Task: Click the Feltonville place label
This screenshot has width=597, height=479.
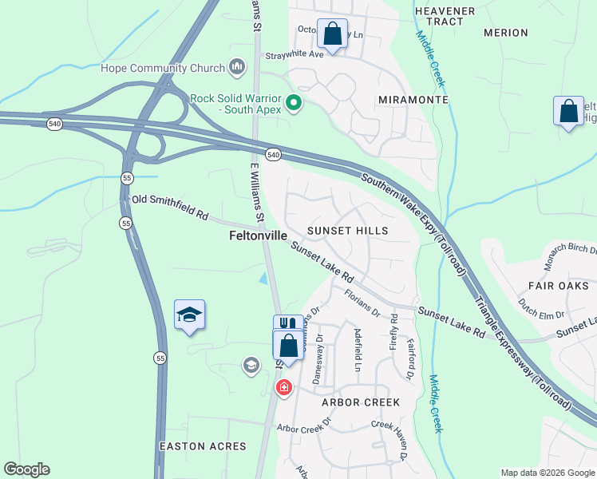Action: click(258, 236)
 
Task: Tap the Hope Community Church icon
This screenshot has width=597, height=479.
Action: click(236, 67)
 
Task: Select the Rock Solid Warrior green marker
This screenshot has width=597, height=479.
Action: click(294, 103)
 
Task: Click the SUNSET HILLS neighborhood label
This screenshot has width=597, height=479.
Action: click(347, 231)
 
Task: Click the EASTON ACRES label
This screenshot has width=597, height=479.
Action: click(203, 445)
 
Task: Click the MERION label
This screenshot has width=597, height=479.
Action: click(506, 33)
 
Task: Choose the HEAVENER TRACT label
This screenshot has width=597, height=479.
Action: click(445, 16)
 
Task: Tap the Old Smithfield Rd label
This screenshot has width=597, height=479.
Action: click(170, 207)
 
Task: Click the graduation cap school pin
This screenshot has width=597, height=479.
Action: click(190, 315)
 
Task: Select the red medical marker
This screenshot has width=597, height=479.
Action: click(283, 388)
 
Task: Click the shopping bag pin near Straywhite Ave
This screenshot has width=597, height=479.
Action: click(333, 34)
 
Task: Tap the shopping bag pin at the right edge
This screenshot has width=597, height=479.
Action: click(568, 112)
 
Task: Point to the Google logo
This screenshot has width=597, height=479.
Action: click(26, 469)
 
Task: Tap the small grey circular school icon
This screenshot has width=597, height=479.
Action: click(251, 366)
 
